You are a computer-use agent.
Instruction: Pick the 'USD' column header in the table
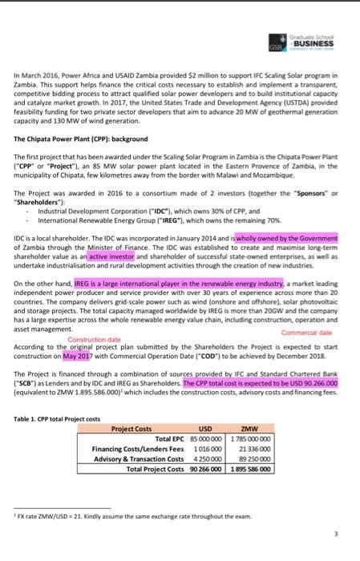click(x=204, y=429)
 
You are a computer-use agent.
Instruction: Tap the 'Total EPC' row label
click(x=160, y=438)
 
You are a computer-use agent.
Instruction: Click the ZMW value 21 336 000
click(x=257, y=449)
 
